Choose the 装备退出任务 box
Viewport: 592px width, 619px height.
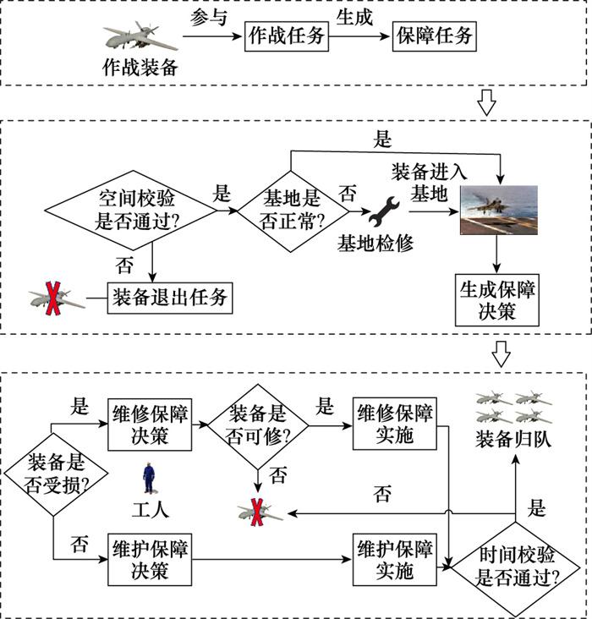coord(169,298)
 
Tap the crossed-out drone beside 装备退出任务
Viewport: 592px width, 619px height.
coord(55,299)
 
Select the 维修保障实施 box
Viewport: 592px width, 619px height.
coord(394,423)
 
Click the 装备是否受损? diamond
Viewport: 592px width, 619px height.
coord(54,473)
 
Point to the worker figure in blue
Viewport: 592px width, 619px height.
coord(151,479)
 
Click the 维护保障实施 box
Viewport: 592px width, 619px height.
coord(394,558)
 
